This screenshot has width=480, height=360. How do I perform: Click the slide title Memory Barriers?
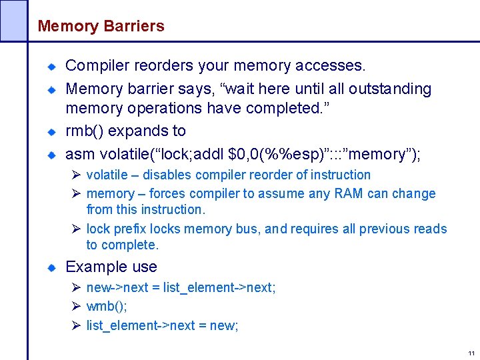click(101, 27)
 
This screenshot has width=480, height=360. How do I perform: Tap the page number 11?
click(471, 353)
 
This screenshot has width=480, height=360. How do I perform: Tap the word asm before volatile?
click(80, 155)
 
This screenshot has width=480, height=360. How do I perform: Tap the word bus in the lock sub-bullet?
click(245, 229)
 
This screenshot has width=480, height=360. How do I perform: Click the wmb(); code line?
click(107, 307)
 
